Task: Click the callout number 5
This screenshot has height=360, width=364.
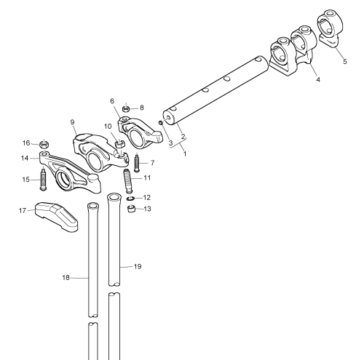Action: pos(345,61)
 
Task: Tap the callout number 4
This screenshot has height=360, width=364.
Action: pos(318,79)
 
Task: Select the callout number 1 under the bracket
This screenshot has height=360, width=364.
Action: pos(185,153)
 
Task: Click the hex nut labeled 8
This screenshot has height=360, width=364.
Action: pos(126,109)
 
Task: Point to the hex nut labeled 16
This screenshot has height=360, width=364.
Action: pos(44,145)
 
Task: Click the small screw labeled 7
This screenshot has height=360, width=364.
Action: pos(137,162)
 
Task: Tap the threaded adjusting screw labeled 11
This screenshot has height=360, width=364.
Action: pos(128,181)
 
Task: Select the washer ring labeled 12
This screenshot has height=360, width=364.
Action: pos(130,199)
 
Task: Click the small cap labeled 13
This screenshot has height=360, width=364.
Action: pos(131,209)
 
